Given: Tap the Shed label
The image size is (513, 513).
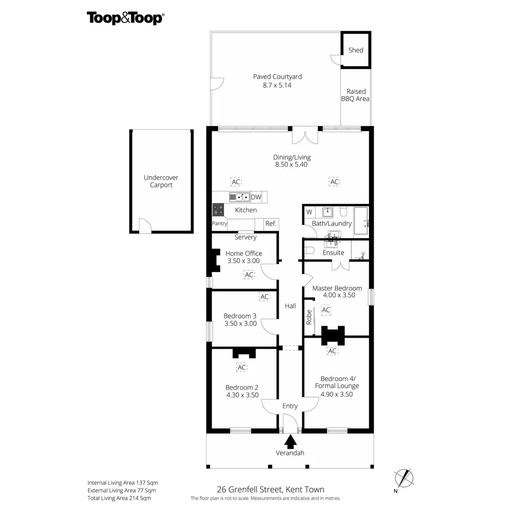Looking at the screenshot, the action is [356, 50].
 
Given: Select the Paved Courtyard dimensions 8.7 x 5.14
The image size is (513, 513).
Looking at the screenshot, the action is [277, 85].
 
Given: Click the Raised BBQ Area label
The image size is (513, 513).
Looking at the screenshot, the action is [355, 95].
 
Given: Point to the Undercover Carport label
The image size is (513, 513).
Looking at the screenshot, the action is [161, 181].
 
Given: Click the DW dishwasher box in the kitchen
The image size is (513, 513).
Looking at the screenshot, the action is [256, 197].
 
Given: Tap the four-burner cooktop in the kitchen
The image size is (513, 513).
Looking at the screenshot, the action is [218, 209].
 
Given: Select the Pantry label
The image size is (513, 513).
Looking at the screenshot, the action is [220, 224].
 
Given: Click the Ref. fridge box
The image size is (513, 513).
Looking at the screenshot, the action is [271, 224].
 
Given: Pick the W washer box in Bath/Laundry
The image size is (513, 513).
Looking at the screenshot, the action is [309, 212].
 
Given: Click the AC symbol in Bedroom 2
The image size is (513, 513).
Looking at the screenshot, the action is [242, 367].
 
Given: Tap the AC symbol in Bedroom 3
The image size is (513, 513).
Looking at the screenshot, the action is [265, 297].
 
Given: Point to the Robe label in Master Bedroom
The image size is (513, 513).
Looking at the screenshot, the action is [309, 317].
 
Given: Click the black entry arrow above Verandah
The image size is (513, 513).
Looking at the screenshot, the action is [290, 441].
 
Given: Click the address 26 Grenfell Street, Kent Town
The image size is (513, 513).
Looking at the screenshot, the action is [271, 489].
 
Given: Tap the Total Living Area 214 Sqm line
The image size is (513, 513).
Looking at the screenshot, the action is [119, 498].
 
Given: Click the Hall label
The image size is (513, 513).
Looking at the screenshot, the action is [290, 306].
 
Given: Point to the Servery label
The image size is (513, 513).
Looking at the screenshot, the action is [245, 237].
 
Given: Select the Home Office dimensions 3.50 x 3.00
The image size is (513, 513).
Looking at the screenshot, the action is [244, 261].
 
